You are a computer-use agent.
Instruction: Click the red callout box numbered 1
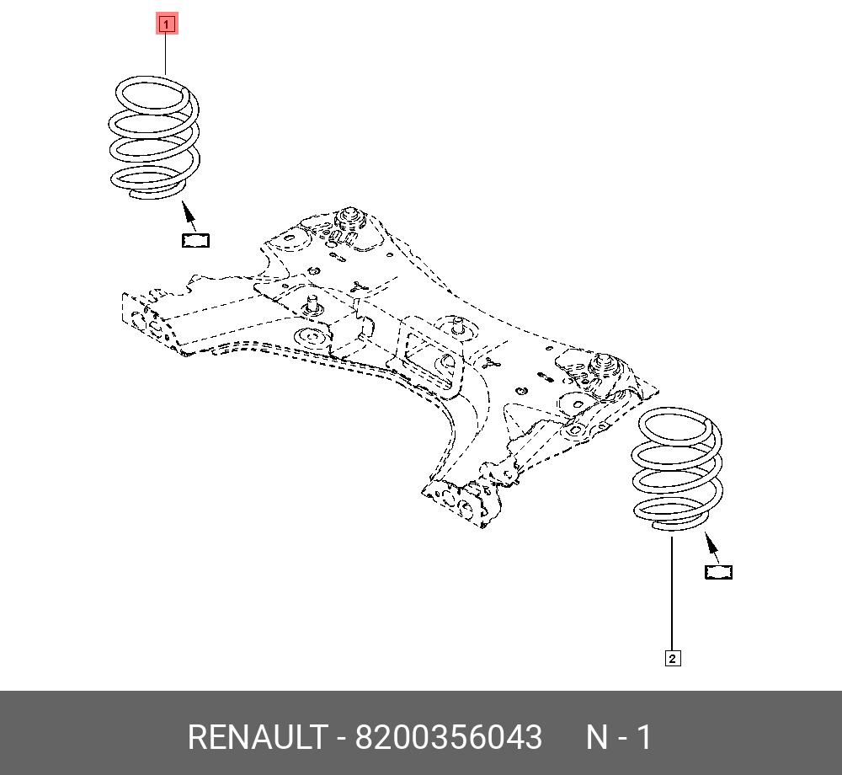pyautogui.click(x=166, y=24)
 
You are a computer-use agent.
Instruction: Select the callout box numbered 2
pyautogui.click(x=672, y=658)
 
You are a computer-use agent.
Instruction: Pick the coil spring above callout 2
pyautogui.click(x=677, y=468)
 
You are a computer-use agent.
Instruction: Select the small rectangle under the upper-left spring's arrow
pyautogui.click(x=196, y=240)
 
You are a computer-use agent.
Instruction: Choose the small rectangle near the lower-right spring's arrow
pyautogui.click(x=718, y=572)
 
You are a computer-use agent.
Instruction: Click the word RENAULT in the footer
pyautogui.click(x=255, y=737)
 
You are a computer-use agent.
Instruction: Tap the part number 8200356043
pyautogui.click(x=448, y=737)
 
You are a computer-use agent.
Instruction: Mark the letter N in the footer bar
pyautogui.click(x=597, y=737)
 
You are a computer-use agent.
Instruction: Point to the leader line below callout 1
pyautogui.click(x=166, y=55)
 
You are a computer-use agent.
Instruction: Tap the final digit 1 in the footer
pyautogui.click(x=644, y=737)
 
